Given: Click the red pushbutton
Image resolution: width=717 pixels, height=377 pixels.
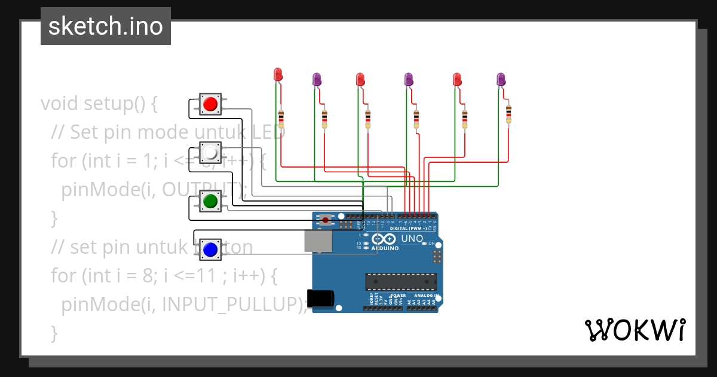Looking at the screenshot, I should (210, 105).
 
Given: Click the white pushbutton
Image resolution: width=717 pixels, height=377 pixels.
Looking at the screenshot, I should (210, 153).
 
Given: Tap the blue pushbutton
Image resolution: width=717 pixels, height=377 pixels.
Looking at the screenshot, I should (210, 249).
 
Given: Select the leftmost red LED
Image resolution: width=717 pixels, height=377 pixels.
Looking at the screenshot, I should (278, 75).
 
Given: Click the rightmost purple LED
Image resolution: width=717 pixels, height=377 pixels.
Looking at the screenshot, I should (501, 79).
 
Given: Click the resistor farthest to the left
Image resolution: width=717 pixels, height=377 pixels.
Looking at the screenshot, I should (281, 118).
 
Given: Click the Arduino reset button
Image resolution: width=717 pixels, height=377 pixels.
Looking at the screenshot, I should (325, 220).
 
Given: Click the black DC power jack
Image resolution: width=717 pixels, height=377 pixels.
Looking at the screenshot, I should (319, 298).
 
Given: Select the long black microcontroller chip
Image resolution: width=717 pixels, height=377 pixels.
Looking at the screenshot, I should (401, 281).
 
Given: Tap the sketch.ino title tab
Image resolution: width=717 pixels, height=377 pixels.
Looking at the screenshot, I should (106, 26).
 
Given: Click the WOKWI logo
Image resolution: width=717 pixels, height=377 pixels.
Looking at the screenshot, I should (634, 330).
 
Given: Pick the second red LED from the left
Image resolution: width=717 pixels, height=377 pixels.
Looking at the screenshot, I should (360, 79).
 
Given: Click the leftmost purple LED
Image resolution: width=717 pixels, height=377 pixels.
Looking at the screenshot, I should (317, 79).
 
